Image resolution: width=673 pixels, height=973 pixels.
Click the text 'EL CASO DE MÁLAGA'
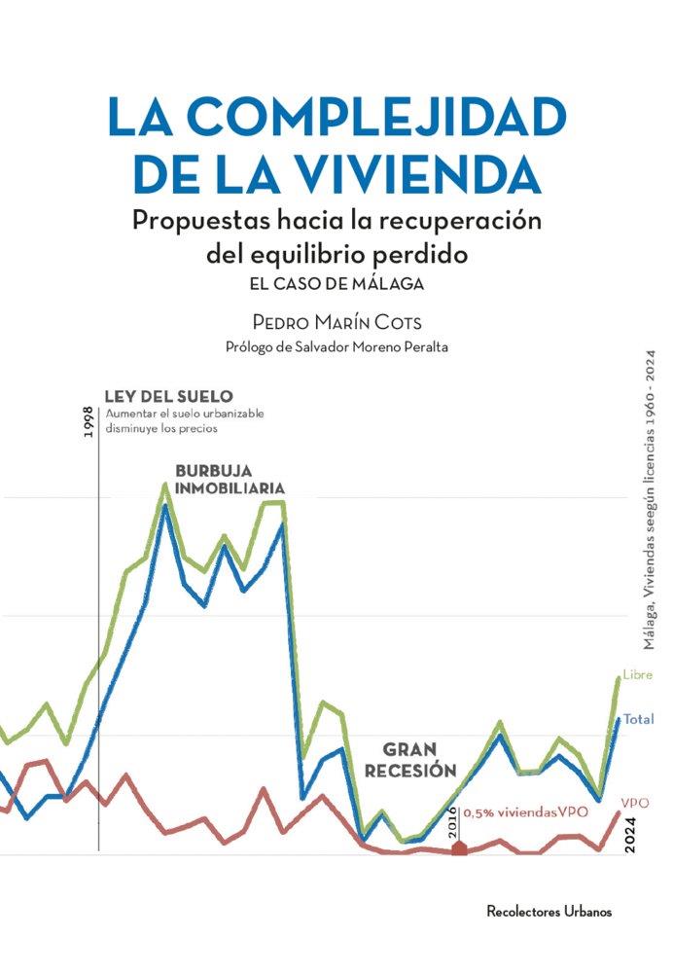336,285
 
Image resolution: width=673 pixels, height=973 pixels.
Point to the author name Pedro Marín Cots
336,321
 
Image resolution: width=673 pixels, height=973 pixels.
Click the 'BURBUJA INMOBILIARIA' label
230,479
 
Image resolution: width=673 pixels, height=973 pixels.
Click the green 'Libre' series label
637,675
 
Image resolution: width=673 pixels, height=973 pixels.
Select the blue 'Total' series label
638,719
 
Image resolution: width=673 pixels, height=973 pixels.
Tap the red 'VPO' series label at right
635,804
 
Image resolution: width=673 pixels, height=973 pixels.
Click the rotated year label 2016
452,826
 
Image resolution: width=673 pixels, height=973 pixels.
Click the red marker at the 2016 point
460,849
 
